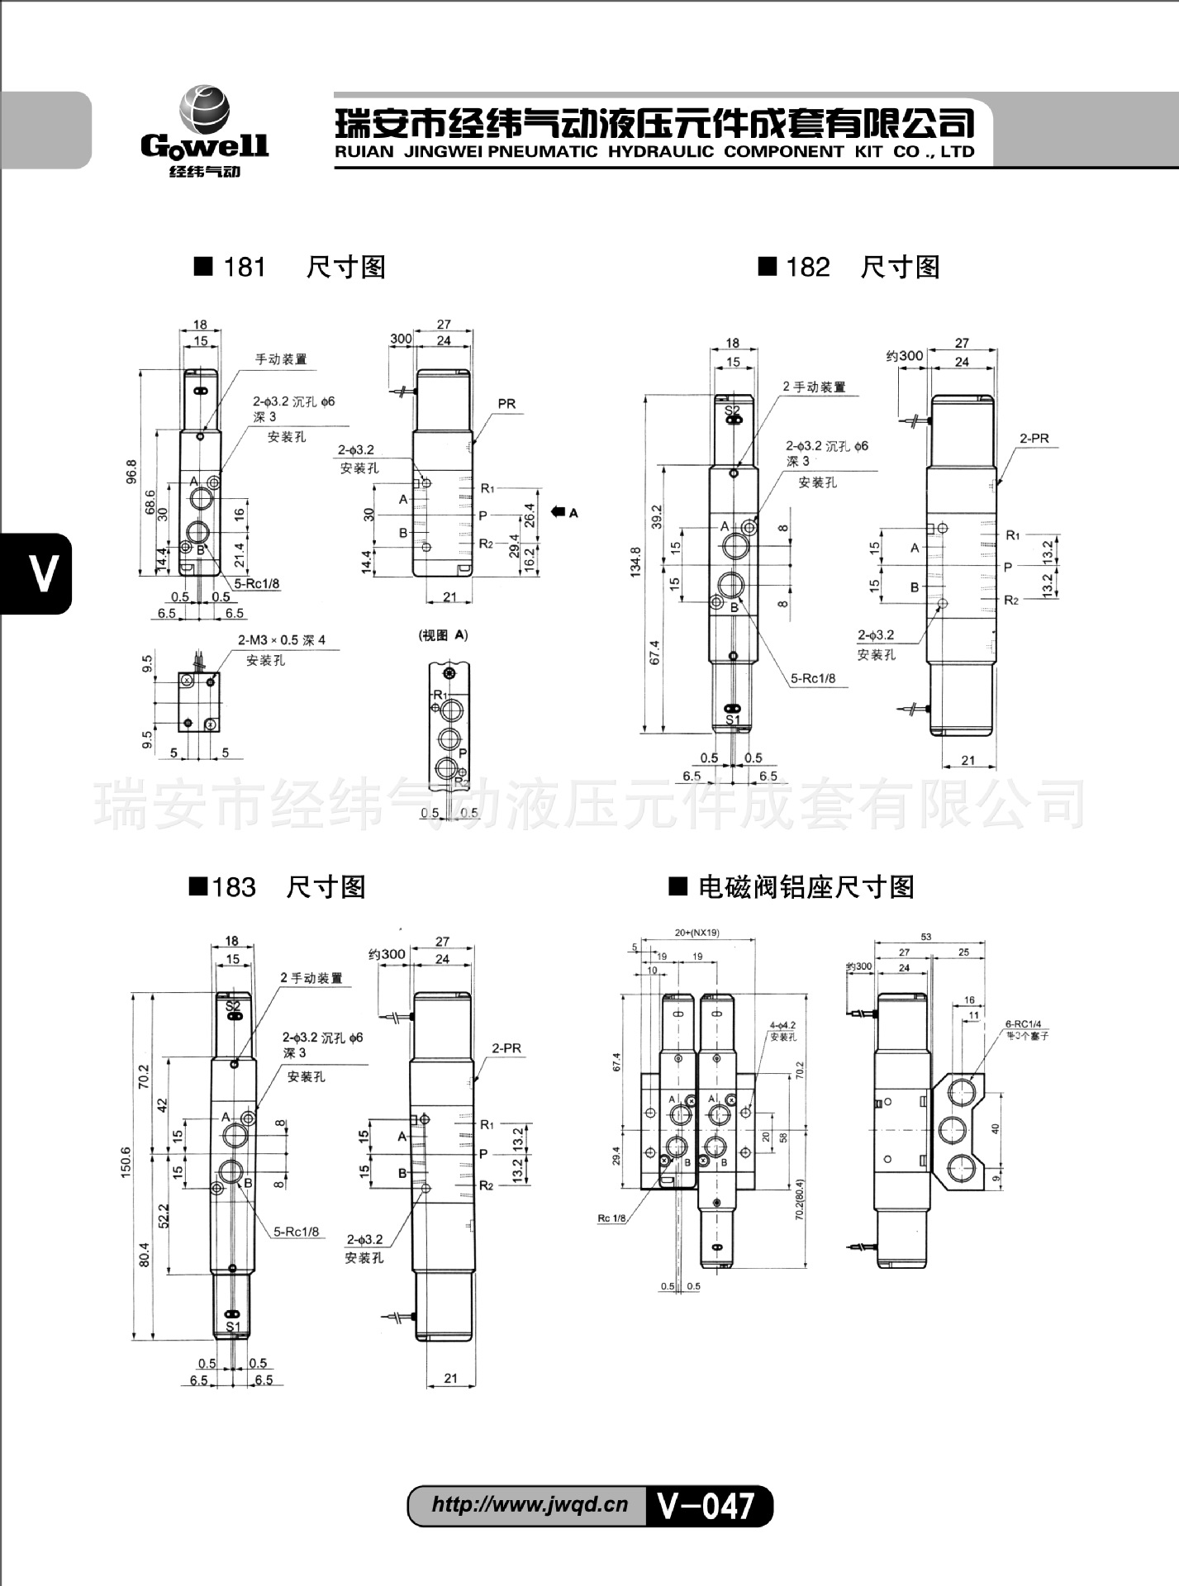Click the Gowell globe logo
[x=204, y=111]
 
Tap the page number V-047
[x=706, y=1505]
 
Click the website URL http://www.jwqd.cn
[x=530, y=1504]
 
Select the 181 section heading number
[x=245, y=268]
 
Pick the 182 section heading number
[x=808, y=268]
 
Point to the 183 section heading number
[x=234, y=888]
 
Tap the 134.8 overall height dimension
[x=635, y=562]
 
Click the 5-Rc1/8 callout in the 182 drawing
[x=813, y=679]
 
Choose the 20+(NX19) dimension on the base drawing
[x=696, y=933]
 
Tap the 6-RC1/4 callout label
[x=1023, y=1024]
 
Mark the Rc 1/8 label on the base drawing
[x=612, y=1218]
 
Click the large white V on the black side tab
[x=43, y=572]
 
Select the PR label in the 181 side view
[x=506, y=404]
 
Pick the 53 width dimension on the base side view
[x=926, y=937]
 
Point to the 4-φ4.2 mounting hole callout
[x=782, y=1025]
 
